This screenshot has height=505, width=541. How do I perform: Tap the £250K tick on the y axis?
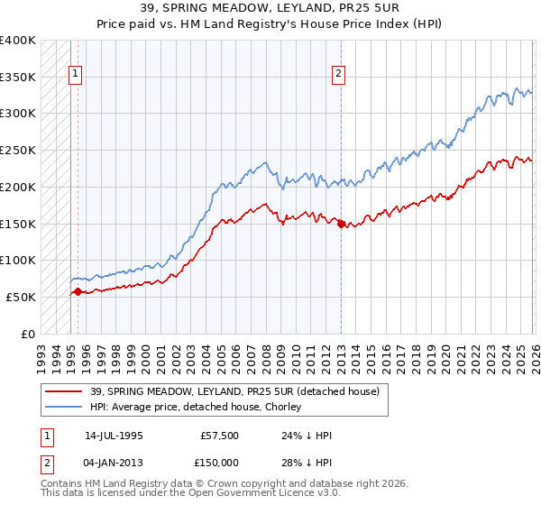(x=18, y=151)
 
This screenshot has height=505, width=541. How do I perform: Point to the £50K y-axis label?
(x=21, y=297)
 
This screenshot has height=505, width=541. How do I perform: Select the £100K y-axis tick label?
(x=18, y=260)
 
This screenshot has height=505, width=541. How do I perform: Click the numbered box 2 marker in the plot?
(x=339, y=75)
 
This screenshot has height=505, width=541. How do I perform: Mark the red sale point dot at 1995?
(x=78, y=291)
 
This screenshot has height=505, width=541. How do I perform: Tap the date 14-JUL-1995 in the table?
(x=114, y=434)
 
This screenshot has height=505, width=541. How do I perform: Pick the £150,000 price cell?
(x=220, y=463)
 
